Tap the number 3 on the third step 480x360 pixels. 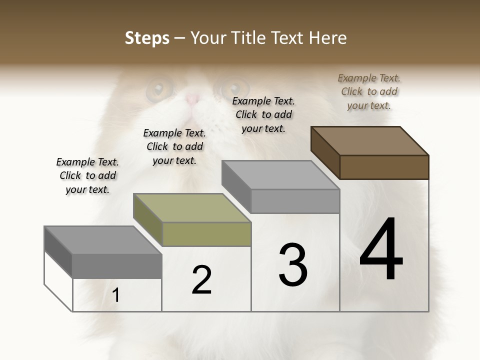click(x=292, y=264)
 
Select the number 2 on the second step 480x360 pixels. click(x=201, y=279)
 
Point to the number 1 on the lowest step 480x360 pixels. click(x=116, y=295)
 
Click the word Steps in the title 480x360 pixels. click(x=147, y=38)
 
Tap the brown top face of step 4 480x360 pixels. click(x=369, y=140)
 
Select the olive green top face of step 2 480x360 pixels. click(x=191, y=208)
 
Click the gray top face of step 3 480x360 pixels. click(x=280, y=175)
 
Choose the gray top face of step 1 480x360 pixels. click(x=102, y=240)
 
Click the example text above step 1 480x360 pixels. click(x=87, y=175)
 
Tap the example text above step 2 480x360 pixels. click(x=174, y=146)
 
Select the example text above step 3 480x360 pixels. click(x=263, y=114)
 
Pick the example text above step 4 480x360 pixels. click(x=369, y=91)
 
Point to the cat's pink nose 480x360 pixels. click(x=192, y=98)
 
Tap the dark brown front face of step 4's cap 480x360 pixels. click(x=384, y=167)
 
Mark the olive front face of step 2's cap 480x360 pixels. click(x=206, y=234)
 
